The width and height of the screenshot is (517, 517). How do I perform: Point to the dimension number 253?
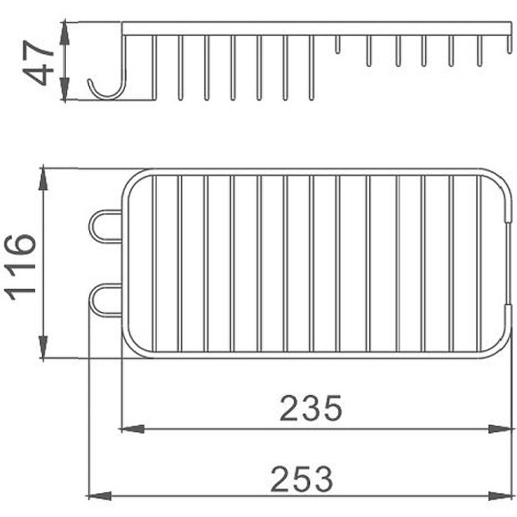[x=303, y=478]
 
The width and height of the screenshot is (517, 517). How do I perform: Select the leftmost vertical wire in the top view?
[x=153, y=263]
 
